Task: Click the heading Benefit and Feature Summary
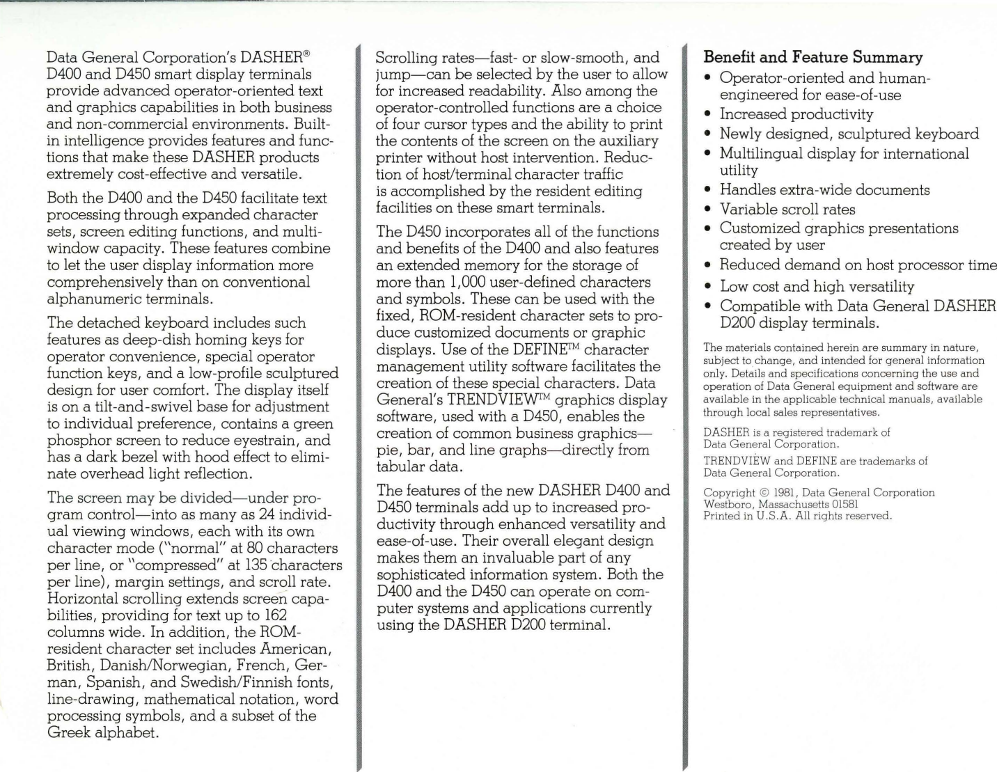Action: click(x=813, y=57)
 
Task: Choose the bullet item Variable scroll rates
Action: click(x=787, y=209)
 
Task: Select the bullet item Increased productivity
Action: click(x=796, y=114)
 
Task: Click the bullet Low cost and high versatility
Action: click(x=817, y=286)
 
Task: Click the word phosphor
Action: click(x=77, y=440)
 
